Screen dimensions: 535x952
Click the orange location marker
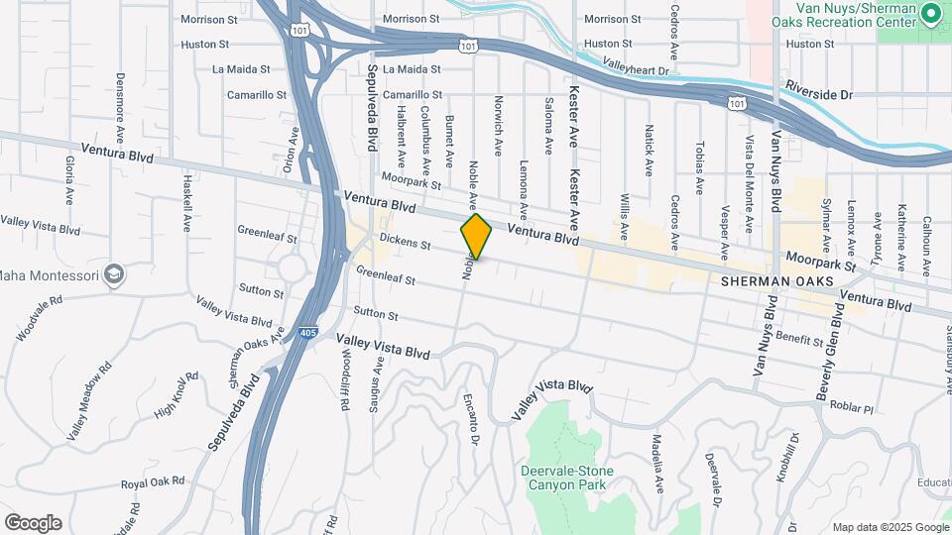click(x=476, y=237)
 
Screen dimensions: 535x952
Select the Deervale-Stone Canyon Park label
click(x=566, y=479)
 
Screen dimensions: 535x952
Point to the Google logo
click(x=33, y=523)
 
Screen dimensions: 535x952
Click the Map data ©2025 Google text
click(x=890, y=527)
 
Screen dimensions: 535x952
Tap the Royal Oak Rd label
click(x=153, y=482)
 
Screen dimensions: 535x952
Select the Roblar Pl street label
click(x=852, y=408)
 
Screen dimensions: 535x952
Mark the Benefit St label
click(x=800, y=338)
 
